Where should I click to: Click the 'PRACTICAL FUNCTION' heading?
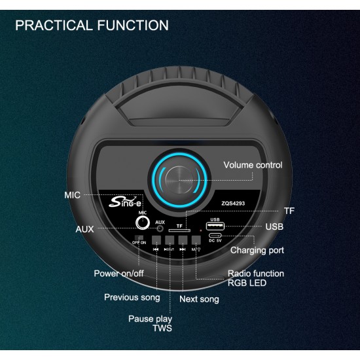tap(92, 25)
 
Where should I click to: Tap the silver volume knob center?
tap(179, 180)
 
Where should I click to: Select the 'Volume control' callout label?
tap(253, 165)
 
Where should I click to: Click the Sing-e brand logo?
tap(125, 202)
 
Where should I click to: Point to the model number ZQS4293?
tap(233, 204)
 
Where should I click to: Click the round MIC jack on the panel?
tap(143, 223)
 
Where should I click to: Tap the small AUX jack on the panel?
tap(160, 228)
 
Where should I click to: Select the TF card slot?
tap(179, 230)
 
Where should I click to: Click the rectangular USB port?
tap(215, 226)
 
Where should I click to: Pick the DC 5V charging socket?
tap(215, 236)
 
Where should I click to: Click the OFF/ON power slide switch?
tap(139, 238)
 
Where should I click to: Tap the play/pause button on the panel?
tap(170, 240)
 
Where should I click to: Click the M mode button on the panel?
tap(196, 240)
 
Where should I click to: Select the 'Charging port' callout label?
tap(257, 250)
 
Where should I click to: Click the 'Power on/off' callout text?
tap(118, 274)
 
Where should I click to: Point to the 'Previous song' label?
tap(132, 297)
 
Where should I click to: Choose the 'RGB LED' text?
tap(247, 283)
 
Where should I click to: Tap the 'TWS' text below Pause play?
tap(162, 328)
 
